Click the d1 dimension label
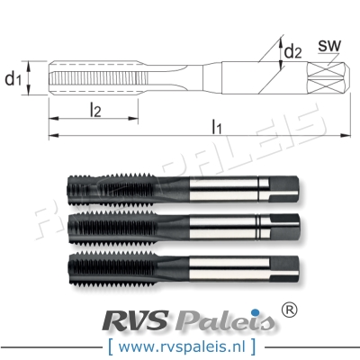tap(13, 80)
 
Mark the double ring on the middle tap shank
tap(263, 224)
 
